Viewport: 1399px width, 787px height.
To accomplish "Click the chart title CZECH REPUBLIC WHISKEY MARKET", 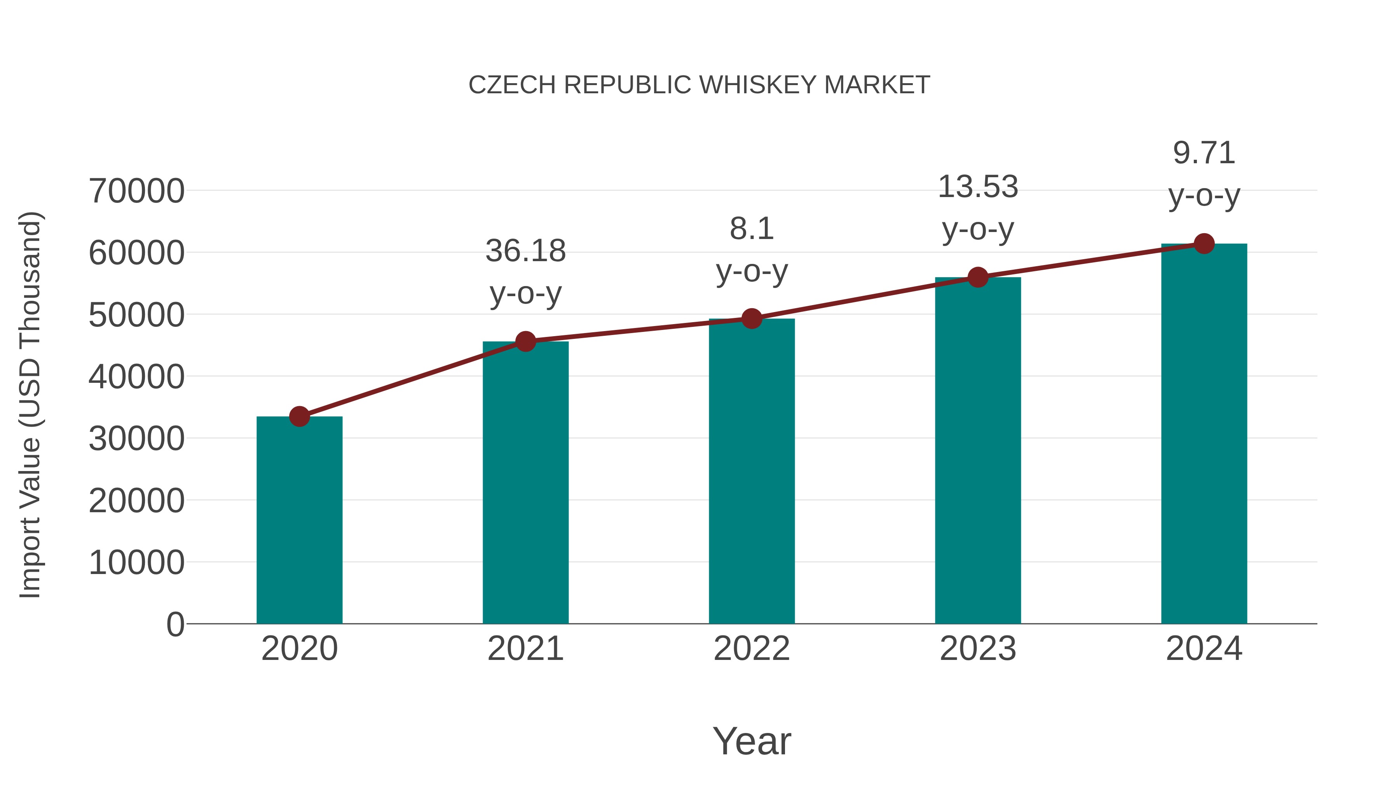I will tap(699, 85).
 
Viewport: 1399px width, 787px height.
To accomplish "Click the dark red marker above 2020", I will tap(299, 417).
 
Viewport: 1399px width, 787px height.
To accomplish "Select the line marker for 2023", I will tap(978, 277).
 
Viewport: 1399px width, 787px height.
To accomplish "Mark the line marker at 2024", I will tap(1204, 244).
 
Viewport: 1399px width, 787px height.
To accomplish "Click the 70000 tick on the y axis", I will tap(136, 191).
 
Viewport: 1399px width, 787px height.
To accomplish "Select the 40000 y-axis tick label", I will tap(136, 377).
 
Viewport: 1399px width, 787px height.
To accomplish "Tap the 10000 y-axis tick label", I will tap(136, 563).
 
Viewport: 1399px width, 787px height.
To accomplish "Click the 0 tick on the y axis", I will tap(175, 625).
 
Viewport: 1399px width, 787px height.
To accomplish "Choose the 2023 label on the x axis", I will tap(978, 649).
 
